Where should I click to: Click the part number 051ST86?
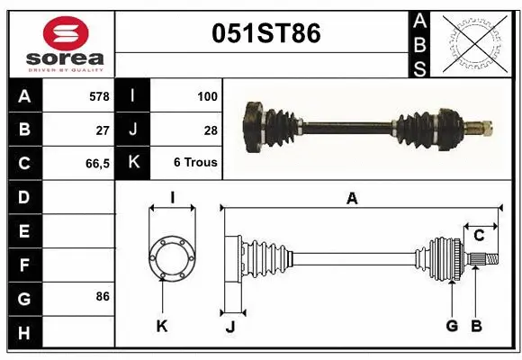coord(265,33)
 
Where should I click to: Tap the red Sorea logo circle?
coord(66,35)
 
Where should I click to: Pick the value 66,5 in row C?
coord(96,164)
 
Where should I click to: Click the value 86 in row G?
coord(103,296)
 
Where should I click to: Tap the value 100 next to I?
coord(207,94)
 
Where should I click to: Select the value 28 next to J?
coord(211,130)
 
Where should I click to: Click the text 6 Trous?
coord(195,164)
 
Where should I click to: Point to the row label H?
coord(24,333)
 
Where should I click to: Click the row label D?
coord(24,196)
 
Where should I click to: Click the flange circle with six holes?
coord(172,256)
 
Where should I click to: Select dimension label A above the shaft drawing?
coord(352,199)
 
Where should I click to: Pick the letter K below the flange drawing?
coord(162,327)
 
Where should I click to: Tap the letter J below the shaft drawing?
coord(229,327)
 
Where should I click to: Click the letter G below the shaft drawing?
coord(452,326)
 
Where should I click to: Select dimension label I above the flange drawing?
coord(172,198)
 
